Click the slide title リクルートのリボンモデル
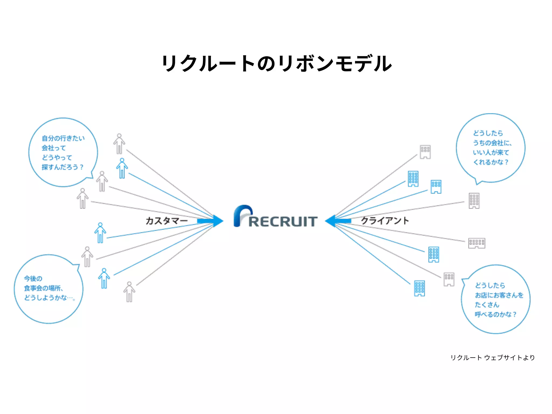[277, 63]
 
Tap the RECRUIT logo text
[283, 222]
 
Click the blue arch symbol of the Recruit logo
[242, 215]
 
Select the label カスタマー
[166, 221]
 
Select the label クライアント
[385, 221]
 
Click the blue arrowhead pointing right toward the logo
[217, 221]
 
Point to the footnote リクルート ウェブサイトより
[492, 358]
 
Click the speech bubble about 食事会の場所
[49, 289]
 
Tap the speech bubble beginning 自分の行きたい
[63, 152]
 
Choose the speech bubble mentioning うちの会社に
[491, 148]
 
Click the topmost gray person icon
[119, 144]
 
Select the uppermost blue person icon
[122, 168]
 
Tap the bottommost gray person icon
[129, 292]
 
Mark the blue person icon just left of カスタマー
[100, 233]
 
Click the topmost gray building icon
[425, 152]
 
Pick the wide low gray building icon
[477, 243]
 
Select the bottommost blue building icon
[419, 288]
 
